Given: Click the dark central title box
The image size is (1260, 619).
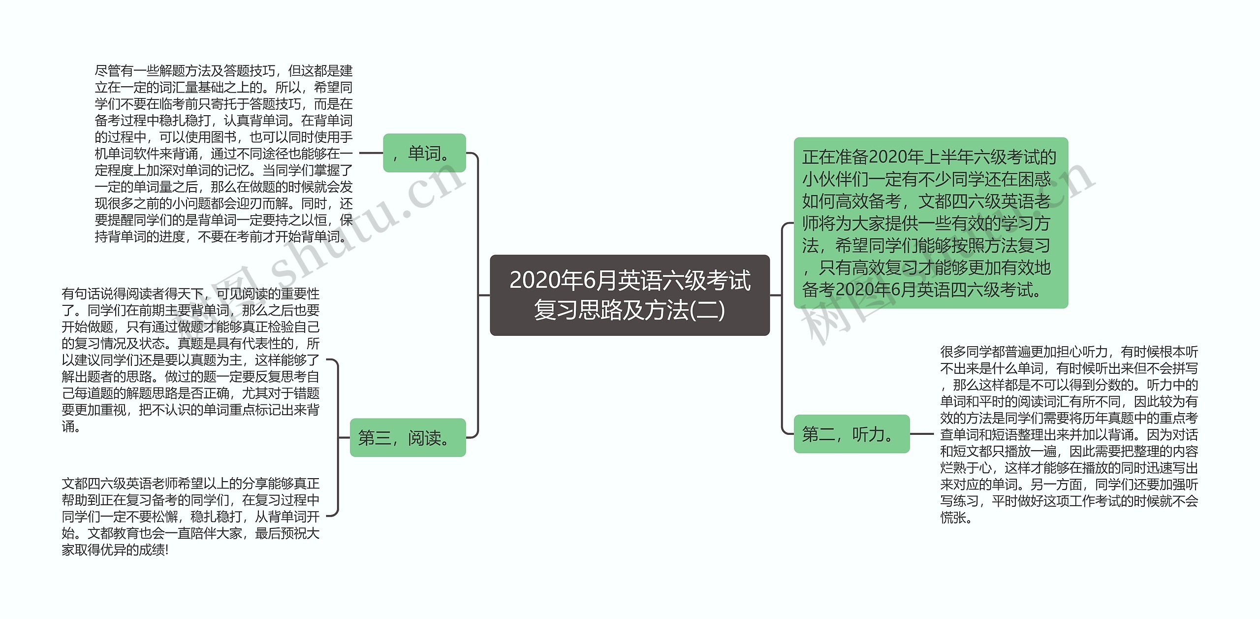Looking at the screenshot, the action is [x=630, y=295].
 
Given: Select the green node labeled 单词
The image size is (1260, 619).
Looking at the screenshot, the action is [x=424, y=153].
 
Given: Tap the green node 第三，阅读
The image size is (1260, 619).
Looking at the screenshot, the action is [x=408, y=437].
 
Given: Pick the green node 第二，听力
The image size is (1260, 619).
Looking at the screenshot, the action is [x=851, y=434].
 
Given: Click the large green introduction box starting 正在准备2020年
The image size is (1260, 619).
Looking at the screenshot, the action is [x=930, y=223].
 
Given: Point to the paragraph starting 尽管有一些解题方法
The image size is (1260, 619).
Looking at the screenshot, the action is [x=223, y=154].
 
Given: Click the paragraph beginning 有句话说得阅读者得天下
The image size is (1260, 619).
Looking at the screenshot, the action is [x=190, y=360].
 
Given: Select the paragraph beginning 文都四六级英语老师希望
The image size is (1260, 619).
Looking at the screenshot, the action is [x=190, y=516].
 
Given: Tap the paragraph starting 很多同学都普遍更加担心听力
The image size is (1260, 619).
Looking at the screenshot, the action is [x=1069, y=434].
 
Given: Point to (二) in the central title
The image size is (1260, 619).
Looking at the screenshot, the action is [x=708, y=310].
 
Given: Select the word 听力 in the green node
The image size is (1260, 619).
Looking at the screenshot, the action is [x=869, y=434].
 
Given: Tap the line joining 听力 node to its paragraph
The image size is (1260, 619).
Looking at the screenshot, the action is [x=921, y=434].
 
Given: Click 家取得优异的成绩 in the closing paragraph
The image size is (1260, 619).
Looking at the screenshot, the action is [x=113, y=550].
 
